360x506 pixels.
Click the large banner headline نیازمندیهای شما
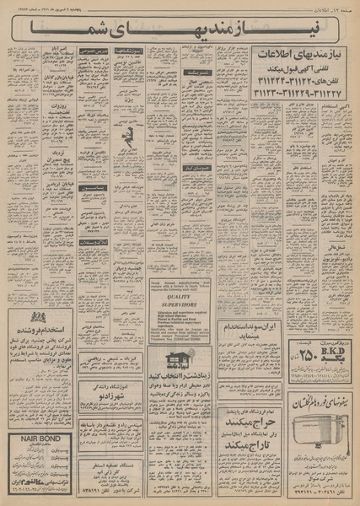[179, 32]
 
